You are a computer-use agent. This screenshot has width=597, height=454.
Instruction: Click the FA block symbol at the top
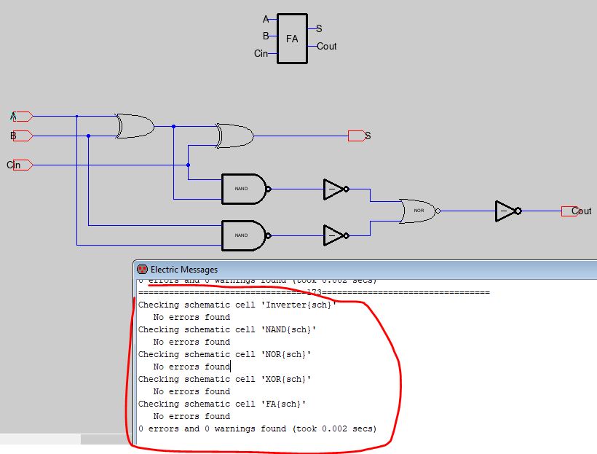(x=292, y=39)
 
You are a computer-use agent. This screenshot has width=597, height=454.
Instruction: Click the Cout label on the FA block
(x=327, y=46)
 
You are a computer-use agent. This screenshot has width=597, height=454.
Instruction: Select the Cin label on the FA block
(x=261, y=53)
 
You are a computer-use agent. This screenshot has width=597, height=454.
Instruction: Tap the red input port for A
(x=23, y=116)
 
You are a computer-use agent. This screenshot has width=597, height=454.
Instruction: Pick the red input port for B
(x=23, y=136)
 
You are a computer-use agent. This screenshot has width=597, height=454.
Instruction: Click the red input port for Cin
(x=23, y=165)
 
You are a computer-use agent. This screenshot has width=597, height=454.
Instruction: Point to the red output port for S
(x=356, y=136)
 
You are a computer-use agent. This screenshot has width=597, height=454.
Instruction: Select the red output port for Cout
(x=570, y=211)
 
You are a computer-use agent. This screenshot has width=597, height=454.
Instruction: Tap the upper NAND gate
(x=244, y=189)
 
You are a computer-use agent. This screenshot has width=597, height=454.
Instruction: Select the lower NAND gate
(x=244, y=235)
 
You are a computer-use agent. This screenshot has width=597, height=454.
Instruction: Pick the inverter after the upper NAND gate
(x=335, y=189)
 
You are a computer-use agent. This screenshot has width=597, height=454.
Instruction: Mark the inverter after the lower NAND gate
(x=335, y=235)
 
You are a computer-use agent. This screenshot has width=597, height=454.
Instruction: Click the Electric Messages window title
(x=183, y=270)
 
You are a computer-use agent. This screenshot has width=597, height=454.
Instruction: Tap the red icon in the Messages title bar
(x=142, y=270)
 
